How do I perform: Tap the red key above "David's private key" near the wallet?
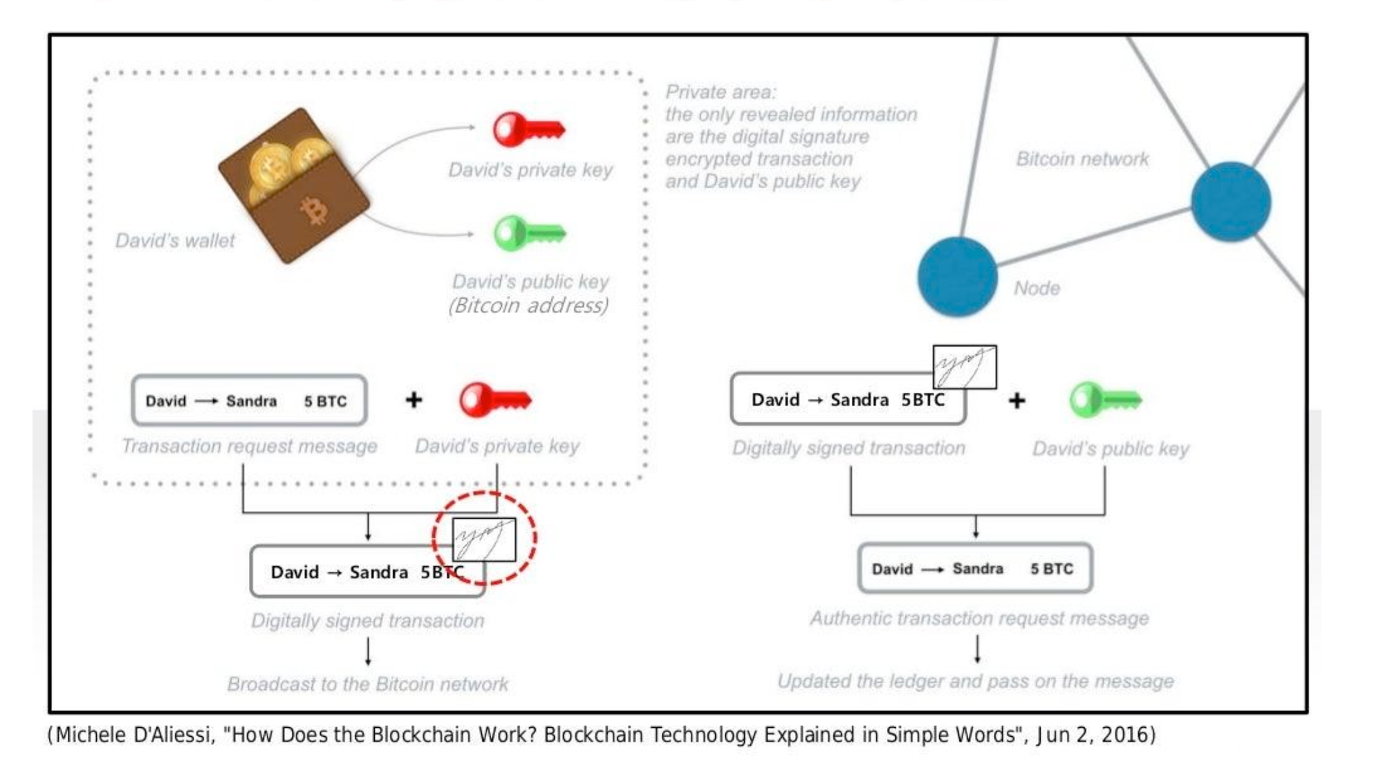[528, 129]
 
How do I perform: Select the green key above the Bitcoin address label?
[530, 234]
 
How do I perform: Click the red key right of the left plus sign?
[495, 400]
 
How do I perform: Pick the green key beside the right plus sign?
[1105, 400]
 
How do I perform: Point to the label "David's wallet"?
[175, 241]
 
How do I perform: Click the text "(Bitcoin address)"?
[529, 305]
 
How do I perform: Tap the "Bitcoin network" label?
[1082, 159]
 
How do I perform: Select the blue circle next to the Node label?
[957, 277]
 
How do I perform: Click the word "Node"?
[1037, 288]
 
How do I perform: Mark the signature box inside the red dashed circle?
[484, 540]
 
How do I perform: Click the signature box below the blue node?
[965, 367]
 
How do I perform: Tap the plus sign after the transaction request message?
[414, 400]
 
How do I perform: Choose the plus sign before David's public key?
[1017, 400]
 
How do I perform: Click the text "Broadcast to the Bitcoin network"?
[368, 684]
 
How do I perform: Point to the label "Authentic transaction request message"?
[979, 618]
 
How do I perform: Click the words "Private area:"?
[721, 92]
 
